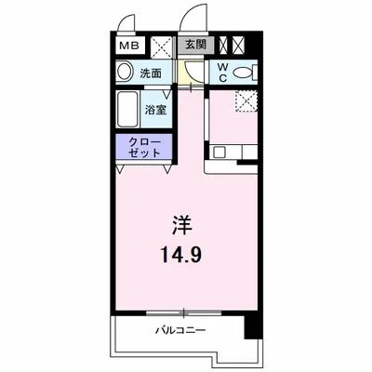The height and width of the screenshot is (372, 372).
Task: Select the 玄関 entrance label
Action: click(194, 44)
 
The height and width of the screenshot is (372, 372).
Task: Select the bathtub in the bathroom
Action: click(128, 111)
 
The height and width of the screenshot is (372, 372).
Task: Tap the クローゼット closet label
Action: click(142, 146)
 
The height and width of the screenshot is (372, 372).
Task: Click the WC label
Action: click(224, 73)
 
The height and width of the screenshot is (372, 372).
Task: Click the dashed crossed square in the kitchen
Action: click(246, 101)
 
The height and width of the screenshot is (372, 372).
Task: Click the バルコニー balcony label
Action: click(180, 331)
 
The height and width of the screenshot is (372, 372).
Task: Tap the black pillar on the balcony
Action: click(250, 326)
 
